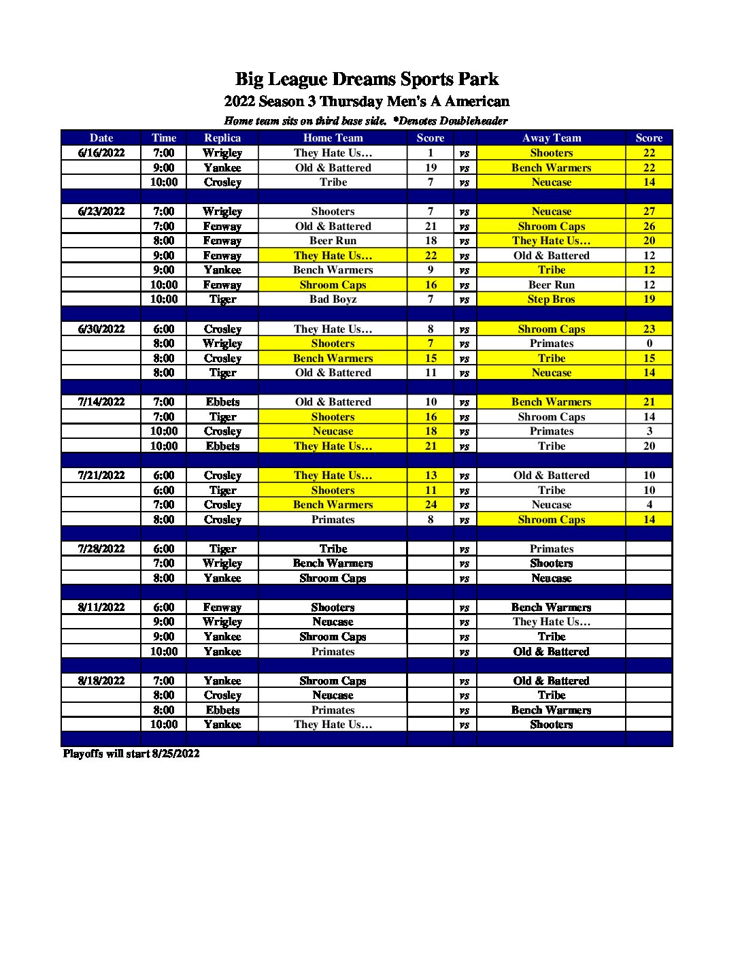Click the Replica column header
coord(222,137)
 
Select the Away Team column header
coord(551,137)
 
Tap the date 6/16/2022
coord(101,152)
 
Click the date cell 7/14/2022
coord(101,401)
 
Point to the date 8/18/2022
coord(101,680)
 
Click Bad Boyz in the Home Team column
coord(333,299)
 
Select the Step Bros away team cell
coord(551,299)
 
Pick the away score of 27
coord(649,211)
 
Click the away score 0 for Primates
coord(649,343)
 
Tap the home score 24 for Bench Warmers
coord(431,504)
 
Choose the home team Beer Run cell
coord(333,240)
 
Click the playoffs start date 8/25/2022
coord(175,753)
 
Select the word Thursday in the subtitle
coord(352,101)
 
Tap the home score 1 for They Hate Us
coord(431,152)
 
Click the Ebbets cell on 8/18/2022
coord(222,710)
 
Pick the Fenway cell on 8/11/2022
coord(222,607)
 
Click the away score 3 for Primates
coord(649,431)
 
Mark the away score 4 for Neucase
coord(649,504)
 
